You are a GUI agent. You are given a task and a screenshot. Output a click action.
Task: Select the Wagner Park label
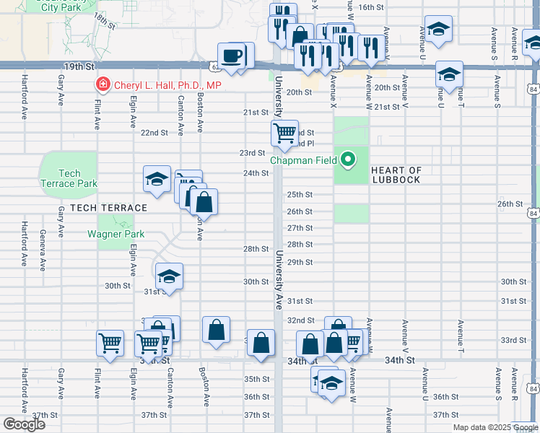click(116, 234)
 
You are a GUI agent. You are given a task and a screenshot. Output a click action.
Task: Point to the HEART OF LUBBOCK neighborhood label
click(396, 175)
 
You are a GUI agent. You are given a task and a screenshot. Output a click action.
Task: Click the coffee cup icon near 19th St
click(231, 56)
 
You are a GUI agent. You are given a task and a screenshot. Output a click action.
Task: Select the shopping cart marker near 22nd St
click(284, 132)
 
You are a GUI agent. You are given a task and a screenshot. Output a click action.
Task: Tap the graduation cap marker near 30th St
click(169, 276)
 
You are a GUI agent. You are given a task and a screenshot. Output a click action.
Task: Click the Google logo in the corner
click(23, 424)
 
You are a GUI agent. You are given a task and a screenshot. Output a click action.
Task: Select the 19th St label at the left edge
click(78, 66)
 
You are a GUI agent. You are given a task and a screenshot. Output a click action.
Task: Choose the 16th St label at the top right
click(370, 7)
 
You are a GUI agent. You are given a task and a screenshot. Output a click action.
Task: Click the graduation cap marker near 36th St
click(331, 382)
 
